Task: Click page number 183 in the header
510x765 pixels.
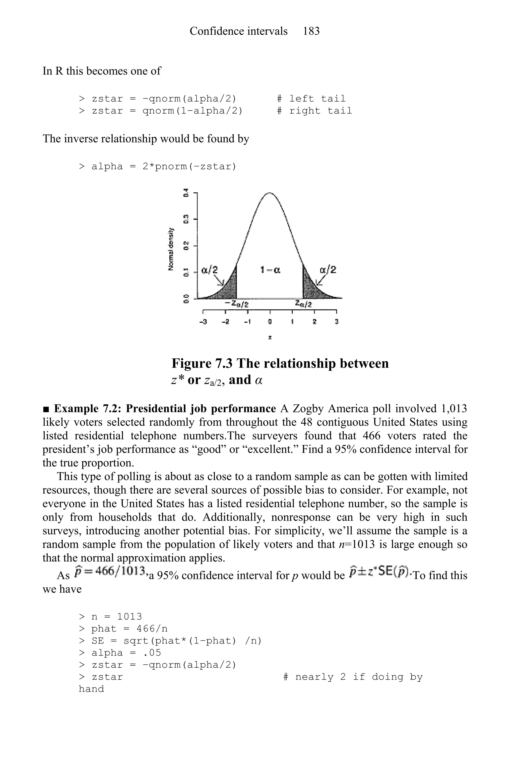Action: click(x=311, y=31)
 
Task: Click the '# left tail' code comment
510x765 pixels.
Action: click(x=311, y=99)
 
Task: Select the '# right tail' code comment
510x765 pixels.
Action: click(x=314, y=111)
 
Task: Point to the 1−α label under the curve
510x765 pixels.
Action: click(x=270, y=270)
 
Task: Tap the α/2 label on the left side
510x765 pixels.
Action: click(x=209, y=270)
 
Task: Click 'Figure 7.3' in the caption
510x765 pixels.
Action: click(x=202, y=363)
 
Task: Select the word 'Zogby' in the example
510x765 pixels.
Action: click(x=308, y=408)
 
